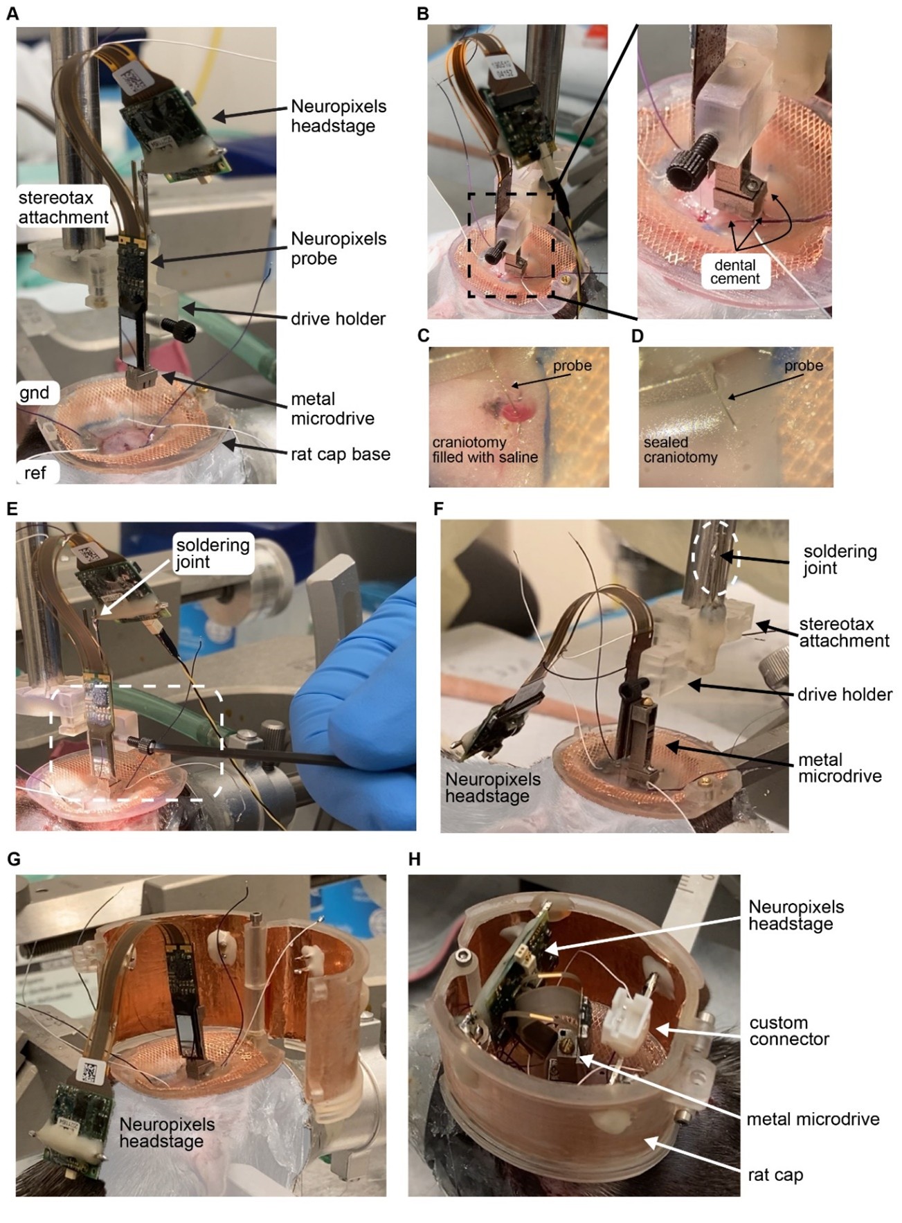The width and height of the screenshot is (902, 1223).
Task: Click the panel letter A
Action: [12, 13]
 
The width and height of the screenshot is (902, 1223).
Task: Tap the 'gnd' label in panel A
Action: [35, 393]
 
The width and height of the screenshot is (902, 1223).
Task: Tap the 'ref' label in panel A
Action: [35, 472]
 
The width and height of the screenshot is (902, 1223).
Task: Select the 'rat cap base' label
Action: [340, 454]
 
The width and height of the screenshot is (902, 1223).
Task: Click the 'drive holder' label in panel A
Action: [338, 319]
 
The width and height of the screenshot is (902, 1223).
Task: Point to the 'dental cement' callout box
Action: [734, 271]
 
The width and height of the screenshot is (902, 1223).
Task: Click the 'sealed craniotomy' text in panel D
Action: [680, 449]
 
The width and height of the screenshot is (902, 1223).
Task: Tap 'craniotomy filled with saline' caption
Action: [485, 449]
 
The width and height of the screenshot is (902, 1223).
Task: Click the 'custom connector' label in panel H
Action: [788, 1030]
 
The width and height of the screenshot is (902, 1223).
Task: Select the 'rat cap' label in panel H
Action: [775, 1175]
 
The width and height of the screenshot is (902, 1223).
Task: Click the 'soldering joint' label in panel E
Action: [213, 553]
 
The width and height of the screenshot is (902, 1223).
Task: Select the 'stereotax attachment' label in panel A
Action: [63, 207]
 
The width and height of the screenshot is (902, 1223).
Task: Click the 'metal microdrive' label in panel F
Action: [840, 768]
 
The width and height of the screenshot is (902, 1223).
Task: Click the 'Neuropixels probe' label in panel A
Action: [339, 249]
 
